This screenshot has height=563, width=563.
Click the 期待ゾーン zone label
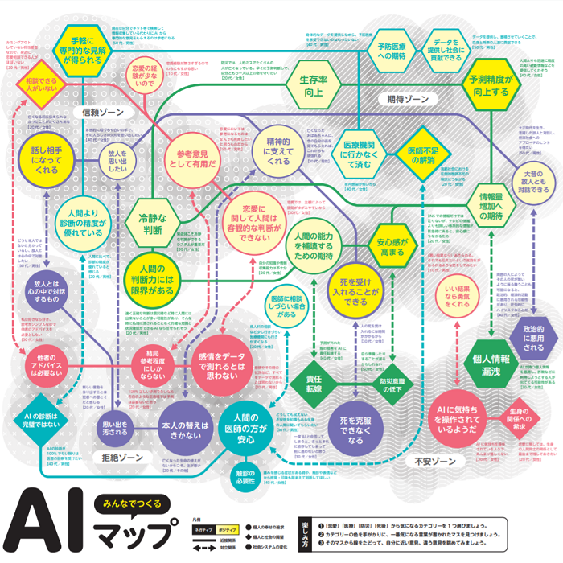coord(407,100)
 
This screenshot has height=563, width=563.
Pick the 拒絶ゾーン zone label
coord(121,457)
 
